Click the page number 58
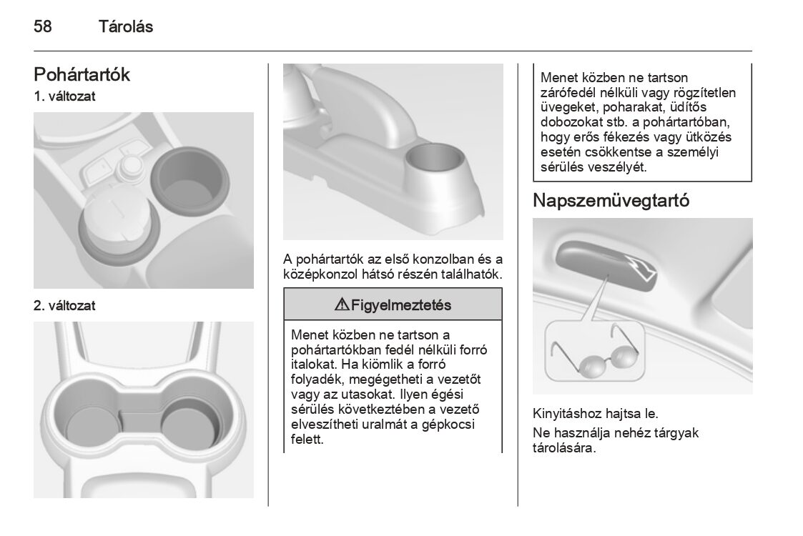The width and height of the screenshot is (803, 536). pyautogui.click(x=43, y=27)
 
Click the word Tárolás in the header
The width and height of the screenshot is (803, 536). pyautogui.click(x=125, y=27)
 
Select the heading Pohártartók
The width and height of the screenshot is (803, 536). pyautogui.click(x=82, y=74)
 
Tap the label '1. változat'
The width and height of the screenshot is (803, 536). pyautogui.click(x=64, y=96)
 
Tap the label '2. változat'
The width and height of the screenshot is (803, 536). pyautogui.click(x=64, y=306)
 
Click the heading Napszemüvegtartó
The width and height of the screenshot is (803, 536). pyautogui.click(x=611, y=201)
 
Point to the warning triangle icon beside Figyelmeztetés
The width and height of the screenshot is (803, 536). pyautogui.click(x=341, y=306)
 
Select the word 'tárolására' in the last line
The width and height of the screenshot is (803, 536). pyautogui.click(x=563, y=449)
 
